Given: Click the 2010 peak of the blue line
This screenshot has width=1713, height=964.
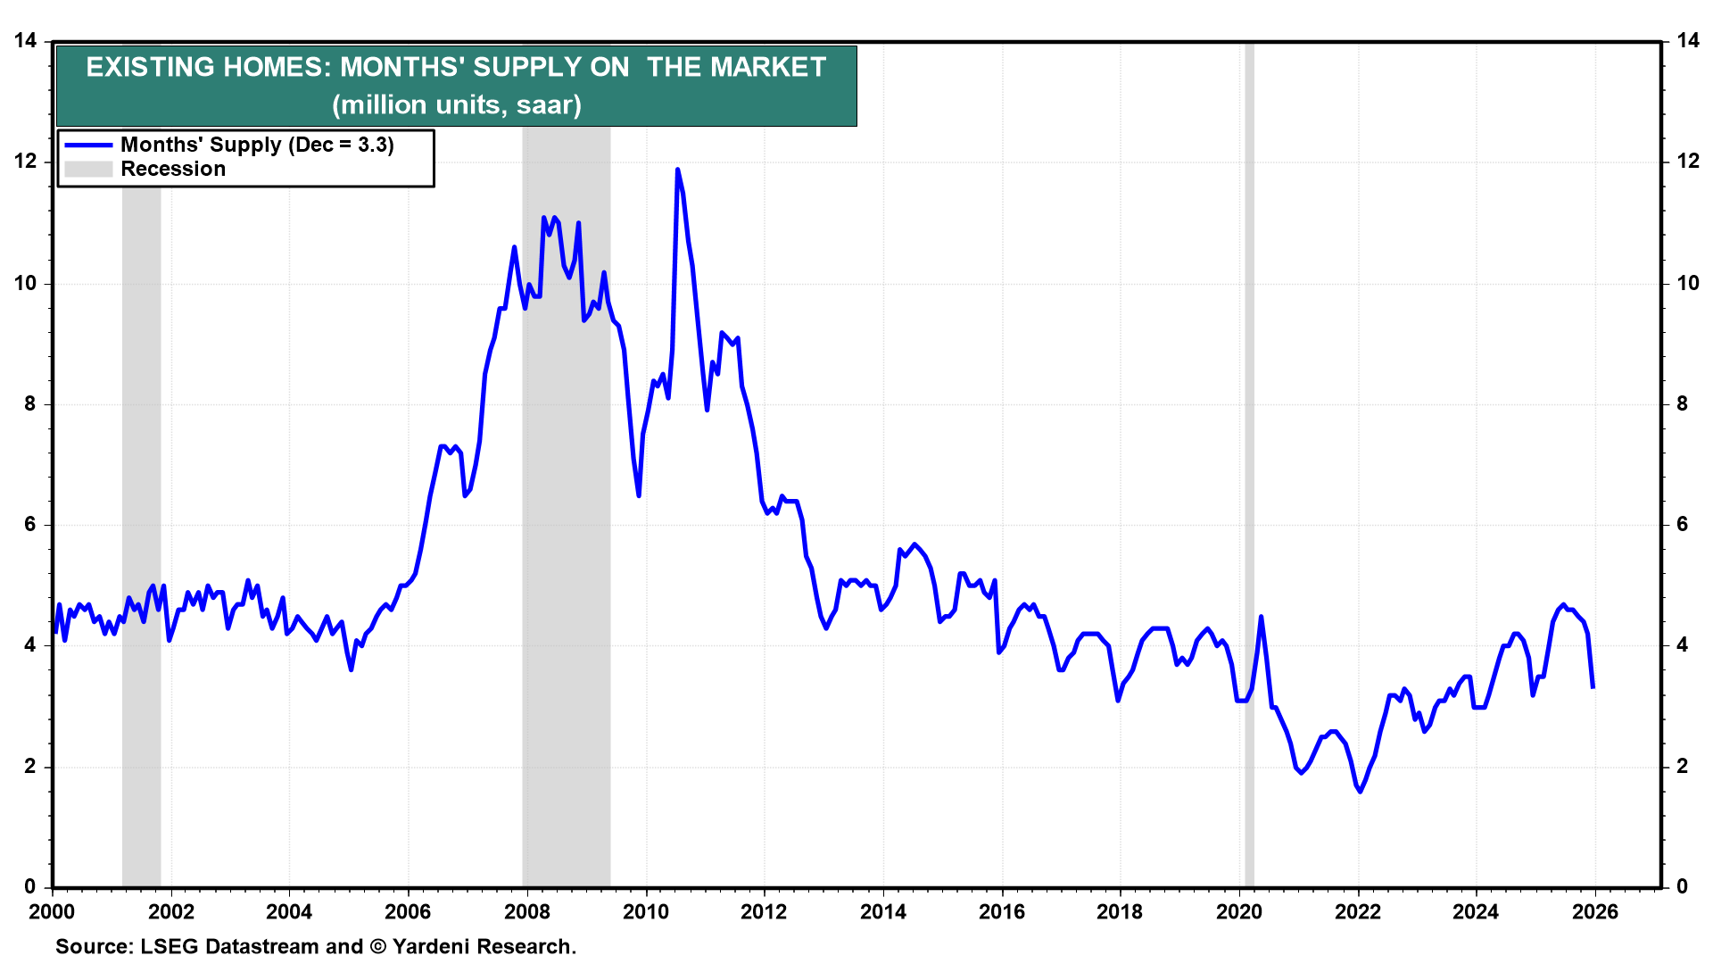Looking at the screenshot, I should coord(677,170).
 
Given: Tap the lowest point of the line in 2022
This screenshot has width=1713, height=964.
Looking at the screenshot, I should coord(1360,791).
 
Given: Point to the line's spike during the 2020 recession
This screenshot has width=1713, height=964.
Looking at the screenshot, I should coord(1261,617).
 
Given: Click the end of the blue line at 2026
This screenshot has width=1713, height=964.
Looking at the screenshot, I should coord(1593,686).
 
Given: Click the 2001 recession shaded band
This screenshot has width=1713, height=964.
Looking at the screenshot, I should coord(141,536).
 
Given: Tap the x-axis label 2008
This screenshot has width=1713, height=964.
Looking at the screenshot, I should coord(526,911).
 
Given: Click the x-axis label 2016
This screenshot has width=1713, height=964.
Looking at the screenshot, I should coord(1001,911).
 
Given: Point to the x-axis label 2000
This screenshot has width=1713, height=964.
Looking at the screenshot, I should coord(52,911).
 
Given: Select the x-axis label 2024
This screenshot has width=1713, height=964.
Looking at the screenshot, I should coord(1476,911).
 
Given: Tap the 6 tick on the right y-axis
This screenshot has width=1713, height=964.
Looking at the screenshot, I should coord(1683,525).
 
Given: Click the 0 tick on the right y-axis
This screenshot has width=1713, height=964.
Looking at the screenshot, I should coord(1683,886).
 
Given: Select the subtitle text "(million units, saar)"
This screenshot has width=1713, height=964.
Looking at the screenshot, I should coord(457,105).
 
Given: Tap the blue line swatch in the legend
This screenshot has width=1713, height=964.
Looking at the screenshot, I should coord(88,145).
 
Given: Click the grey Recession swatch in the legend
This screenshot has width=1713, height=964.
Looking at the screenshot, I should coord(88,170).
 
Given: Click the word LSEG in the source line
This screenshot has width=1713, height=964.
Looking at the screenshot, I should coord(170,946).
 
